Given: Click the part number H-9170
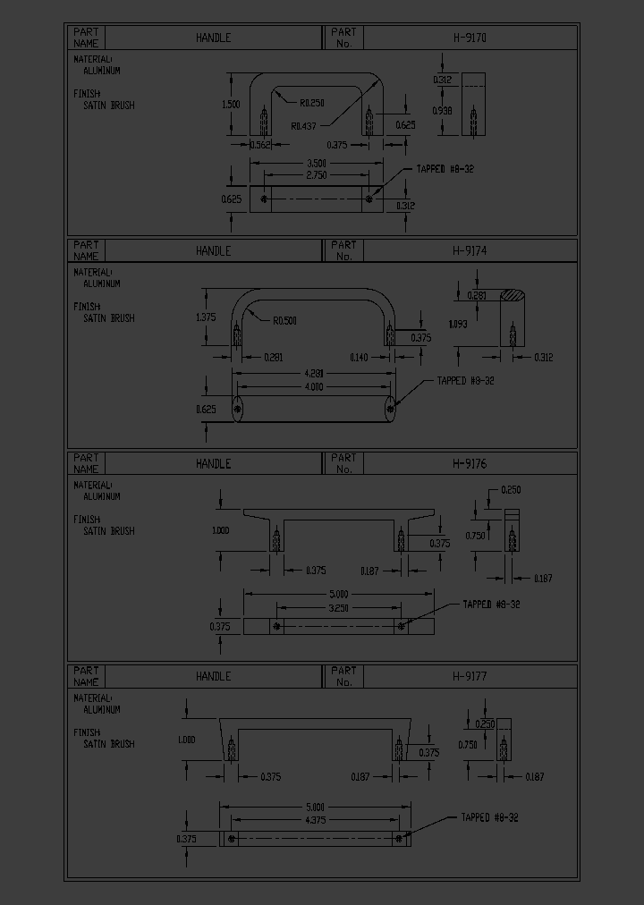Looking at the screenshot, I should (469, 38).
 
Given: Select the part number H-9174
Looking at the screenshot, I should (469, 250).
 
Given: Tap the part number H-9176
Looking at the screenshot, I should (469, 463).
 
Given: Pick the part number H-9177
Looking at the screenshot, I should (469, 676).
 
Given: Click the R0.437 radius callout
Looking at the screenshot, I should (304, 126).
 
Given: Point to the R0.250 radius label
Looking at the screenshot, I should (312, 102).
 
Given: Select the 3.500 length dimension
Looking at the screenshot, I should (316, 163).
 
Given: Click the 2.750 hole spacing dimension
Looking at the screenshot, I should (316, 174).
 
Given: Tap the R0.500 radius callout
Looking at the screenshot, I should (285, 320).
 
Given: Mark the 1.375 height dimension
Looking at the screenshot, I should (205, 317).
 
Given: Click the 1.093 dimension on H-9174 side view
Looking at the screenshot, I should (456, 324).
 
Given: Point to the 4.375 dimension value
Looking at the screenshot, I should (315, 819).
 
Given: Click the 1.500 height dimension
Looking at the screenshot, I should (230, 104).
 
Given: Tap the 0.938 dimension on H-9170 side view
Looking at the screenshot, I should (443, 110).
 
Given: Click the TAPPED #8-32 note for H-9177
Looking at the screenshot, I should (489, 817).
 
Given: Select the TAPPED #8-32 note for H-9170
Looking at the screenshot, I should (445, 169).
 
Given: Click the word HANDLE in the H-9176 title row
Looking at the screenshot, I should (213, 463).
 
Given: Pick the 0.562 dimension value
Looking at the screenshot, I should (260, 145).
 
